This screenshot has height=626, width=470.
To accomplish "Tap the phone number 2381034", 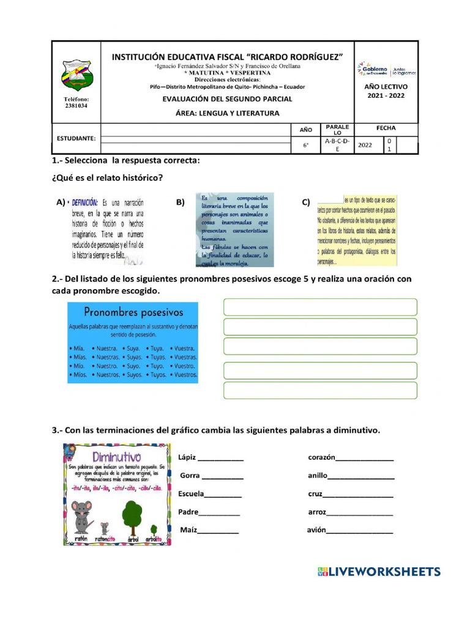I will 76,105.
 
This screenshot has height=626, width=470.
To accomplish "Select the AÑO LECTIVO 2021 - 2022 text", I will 386,91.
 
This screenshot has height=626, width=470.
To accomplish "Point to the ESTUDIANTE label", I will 76,138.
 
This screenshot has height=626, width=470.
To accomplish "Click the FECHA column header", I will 386,128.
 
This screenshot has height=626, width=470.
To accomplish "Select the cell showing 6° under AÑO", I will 307,145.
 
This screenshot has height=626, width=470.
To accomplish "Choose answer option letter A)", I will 61,202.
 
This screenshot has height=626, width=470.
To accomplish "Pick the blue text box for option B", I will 234,230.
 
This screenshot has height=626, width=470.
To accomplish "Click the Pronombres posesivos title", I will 133,312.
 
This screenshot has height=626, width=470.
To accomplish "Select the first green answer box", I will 320,307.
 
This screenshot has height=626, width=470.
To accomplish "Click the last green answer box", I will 320,390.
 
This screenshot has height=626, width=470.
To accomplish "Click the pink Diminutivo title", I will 116,457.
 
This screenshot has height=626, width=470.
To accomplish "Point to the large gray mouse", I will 81,515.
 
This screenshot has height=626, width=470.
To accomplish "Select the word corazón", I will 321,457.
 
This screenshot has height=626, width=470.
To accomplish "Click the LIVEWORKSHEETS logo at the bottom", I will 379,572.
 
